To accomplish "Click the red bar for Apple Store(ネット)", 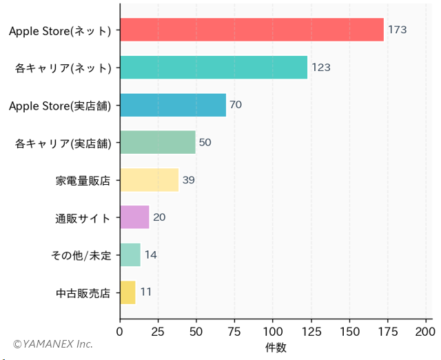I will click(252, 30).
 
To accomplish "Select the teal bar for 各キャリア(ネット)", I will click(214, 68).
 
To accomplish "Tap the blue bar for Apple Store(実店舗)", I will click(173, 105).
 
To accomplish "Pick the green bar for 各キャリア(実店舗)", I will click(158, 142).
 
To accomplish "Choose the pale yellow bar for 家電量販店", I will click(149, 180).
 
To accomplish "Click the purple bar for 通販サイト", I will click(134, 217).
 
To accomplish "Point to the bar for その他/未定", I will click(130, 254).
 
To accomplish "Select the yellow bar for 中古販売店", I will click(127, 292).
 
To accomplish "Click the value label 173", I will click(397, 30).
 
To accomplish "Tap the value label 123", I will click(321, 68).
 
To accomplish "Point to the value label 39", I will click(188, 180).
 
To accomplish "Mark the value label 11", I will click(145, 292).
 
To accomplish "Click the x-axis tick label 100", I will click(273, 332).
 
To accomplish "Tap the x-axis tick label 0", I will click(120, 332).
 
